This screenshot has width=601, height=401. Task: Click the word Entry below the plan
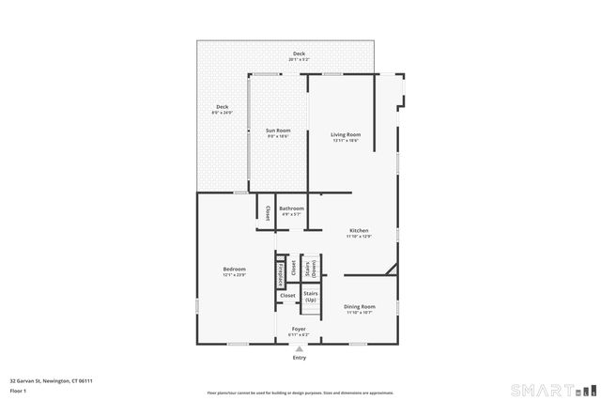click(x=300, y=358)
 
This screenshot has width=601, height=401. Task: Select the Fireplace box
click(x=280, y=274)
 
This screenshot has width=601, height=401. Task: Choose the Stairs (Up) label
click(x=310, y=297)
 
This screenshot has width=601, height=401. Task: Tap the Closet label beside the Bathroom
click(x=267, y=213)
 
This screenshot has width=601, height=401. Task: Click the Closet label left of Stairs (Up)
click(x=287, y=296)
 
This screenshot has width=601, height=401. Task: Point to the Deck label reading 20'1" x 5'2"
click(x=299, y=55)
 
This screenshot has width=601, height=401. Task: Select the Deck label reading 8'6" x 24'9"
click(x=223, y=109)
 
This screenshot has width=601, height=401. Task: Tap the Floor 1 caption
click(x=18, y=390)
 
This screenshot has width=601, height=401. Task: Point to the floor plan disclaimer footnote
click(x=299, y=390)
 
